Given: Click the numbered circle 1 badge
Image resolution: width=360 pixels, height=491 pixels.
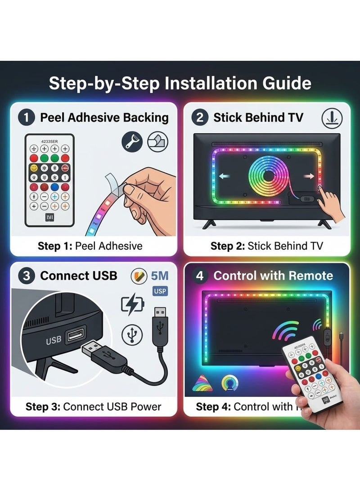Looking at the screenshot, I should [27, 118].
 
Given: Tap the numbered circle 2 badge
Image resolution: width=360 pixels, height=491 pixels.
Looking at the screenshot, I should [200, 118].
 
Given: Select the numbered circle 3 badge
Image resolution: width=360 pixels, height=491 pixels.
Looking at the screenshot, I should [27, 276].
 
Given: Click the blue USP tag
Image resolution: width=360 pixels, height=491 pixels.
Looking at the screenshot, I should [159, 291].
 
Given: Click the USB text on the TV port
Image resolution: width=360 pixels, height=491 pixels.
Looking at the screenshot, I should [54, 341].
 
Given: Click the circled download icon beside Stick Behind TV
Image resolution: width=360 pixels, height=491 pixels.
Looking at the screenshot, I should [332, 118].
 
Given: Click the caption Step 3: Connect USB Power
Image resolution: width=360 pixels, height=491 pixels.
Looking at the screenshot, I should [93, 407].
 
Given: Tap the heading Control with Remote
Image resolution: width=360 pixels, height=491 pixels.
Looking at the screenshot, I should [273, 276].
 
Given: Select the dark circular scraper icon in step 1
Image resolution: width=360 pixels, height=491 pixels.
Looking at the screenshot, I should [133, 142].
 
